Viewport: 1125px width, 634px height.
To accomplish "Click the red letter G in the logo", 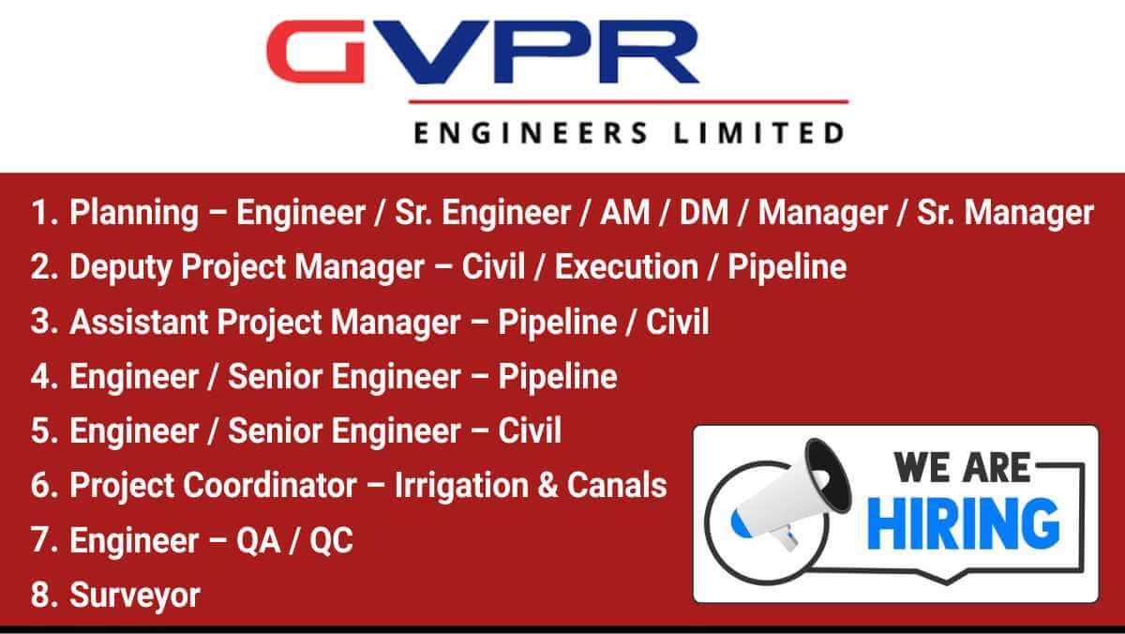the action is (x=316, y=52).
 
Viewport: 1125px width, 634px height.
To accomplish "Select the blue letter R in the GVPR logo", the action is (x=647, y=52).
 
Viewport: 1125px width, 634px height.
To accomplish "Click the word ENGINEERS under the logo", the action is (x=531, y=133).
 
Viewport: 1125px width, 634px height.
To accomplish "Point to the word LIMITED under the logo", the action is (x=758, y=133).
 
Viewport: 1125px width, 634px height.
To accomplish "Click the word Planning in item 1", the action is (x=134, y=214).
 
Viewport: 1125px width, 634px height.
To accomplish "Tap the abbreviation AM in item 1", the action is (x=624, y=212).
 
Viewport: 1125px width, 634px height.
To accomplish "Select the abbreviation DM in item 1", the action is (x=704, y=212).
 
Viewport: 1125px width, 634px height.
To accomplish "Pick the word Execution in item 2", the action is (x=626, y=266).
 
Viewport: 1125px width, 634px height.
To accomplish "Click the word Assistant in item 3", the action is (x=139, y=322).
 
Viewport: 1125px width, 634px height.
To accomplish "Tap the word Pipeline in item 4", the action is (x=558, y=377).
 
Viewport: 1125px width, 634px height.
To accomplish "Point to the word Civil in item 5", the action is (x=530, y=430).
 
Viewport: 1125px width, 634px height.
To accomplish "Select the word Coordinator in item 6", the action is (x=270, y=485).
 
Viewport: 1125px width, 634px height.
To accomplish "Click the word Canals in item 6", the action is (x=617, y=485).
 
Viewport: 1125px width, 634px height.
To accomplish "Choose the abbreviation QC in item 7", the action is (x=331, y=540).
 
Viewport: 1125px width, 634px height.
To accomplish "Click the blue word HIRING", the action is (x=964, y=523).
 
